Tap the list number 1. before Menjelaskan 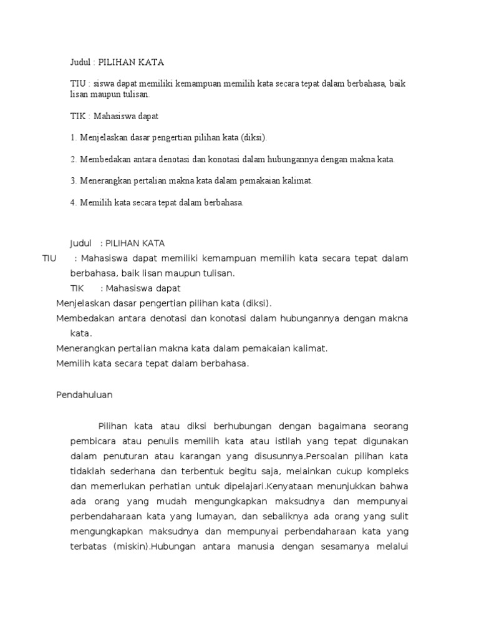(73, 137)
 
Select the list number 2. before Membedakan (73, 159)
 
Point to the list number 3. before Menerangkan (73, 181)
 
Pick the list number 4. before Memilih (73, 203)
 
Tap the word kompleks (385, 471)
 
